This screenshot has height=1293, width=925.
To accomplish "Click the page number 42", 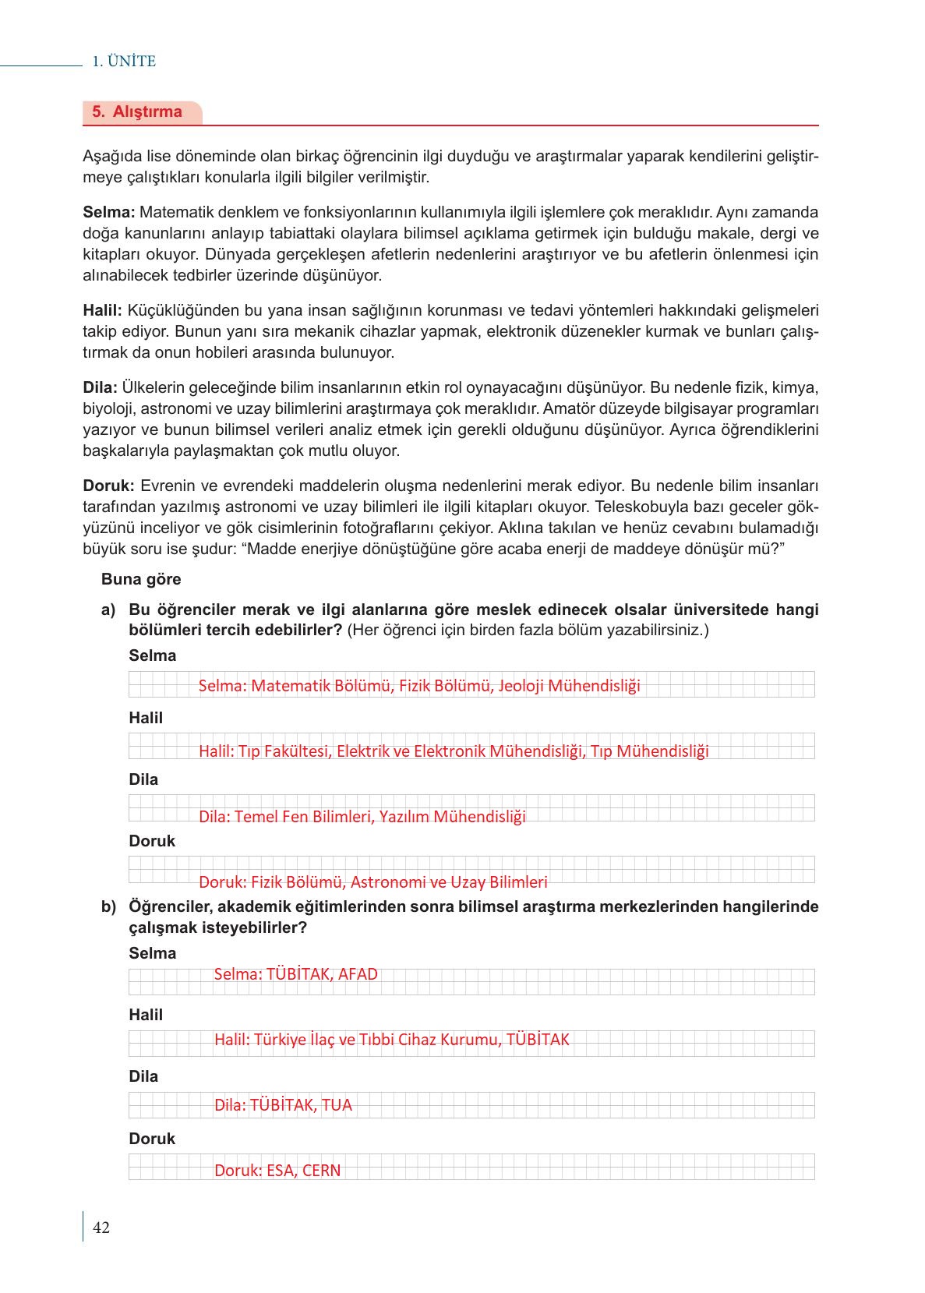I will (101, 1228).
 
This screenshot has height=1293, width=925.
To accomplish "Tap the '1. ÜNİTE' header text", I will (124, 62).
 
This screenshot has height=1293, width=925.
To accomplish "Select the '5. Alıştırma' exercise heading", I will (137, 111).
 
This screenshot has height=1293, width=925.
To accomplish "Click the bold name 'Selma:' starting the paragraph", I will (109, 212).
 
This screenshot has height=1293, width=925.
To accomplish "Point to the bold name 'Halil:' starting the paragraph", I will (103, 310).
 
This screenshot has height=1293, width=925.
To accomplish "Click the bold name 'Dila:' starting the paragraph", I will (100, 387).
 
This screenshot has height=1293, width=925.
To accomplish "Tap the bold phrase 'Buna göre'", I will (141, 579).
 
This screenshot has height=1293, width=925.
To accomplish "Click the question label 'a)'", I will (108, 609).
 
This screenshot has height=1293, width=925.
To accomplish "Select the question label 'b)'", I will (108, 906).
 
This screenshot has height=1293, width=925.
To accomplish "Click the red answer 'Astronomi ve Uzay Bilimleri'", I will (449, 882).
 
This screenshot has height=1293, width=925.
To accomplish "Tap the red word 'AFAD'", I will (358, 974).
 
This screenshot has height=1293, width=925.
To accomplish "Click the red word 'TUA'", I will (337, 1105).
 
